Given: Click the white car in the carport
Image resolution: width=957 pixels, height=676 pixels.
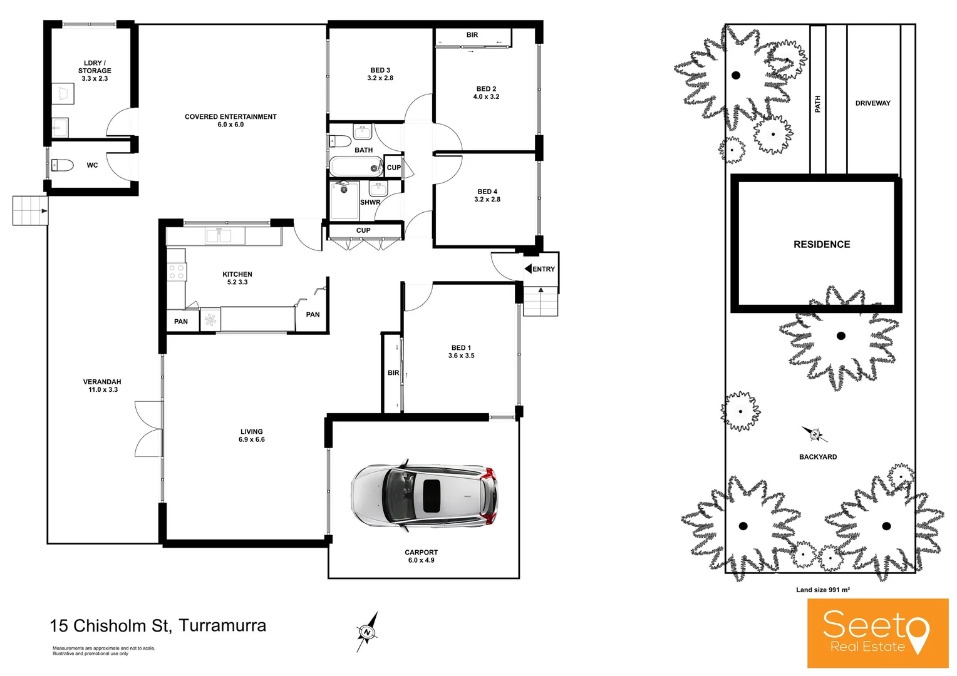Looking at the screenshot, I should [425, 496].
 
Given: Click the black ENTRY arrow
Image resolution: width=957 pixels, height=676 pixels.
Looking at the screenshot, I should [528, 269].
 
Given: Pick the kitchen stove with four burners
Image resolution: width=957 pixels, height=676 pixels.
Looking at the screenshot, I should [177, 272].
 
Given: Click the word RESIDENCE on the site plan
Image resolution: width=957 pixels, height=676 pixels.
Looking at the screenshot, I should [822, 245].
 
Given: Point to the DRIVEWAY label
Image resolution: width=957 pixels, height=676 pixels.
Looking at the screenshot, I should [872, 103].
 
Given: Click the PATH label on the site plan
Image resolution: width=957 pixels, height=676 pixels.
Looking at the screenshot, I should [818, 104].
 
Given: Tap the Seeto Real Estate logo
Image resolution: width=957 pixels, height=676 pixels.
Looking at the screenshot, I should [877, 633].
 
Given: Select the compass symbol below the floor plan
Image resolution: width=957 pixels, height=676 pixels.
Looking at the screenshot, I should [368, 632].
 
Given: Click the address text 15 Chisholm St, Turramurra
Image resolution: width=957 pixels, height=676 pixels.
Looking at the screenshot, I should [158, 625].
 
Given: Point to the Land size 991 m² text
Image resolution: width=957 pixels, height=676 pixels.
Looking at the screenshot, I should [822, 590].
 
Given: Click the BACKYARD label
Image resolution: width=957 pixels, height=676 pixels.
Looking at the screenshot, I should [817, 457].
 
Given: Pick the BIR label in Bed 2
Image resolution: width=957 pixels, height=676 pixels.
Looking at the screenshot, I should [472, 35].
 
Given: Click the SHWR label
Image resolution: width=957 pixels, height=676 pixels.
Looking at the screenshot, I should [370, 202].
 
